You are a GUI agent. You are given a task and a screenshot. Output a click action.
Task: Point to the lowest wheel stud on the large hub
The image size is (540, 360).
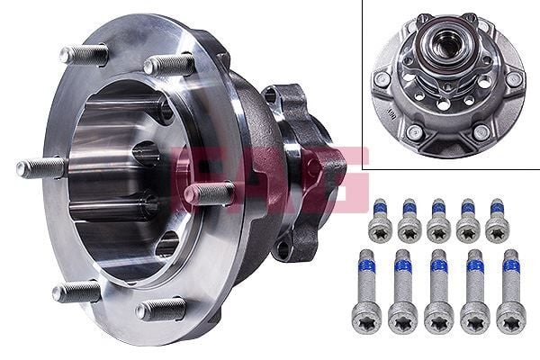click(162, 309)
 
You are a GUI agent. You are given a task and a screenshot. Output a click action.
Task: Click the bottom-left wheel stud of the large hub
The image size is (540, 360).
click(77, 292)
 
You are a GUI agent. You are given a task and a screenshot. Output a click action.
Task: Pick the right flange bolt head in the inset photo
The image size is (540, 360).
click(514, 79)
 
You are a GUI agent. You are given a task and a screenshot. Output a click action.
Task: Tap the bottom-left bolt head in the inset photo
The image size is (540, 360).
click(414, 133)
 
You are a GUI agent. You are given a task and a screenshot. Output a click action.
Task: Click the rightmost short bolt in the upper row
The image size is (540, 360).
click(496, 220)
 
